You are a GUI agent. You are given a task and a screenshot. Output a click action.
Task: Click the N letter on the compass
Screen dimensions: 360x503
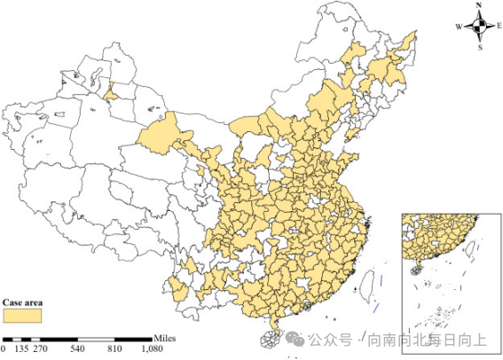click(478, 6)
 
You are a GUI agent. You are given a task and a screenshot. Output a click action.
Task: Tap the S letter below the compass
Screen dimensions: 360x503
click(479, 47)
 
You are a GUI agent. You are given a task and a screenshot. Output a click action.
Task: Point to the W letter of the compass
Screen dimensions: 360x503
click(460, 27)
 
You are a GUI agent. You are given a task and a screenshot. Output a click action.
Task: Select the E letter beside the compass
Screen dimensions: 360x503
click(499, 27)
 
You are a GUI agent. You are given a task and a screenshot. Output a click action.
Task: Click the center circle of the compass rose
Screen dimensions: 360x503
click(479, 27)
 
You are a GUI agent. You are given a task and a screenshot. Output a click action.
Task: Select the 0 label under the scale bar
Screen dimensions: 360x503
click(4, 350)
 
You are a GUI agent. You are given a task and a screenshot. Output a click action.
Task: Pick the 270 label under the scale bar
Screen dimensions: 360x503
click(40, 350)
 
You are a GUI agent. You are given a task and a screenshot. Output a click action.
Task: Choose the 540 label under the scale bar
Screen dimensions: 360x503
click(77, 350)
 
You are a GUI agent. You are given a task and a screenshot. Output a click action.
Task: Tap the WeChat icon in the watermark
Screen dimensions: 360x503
click(295, 339)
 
